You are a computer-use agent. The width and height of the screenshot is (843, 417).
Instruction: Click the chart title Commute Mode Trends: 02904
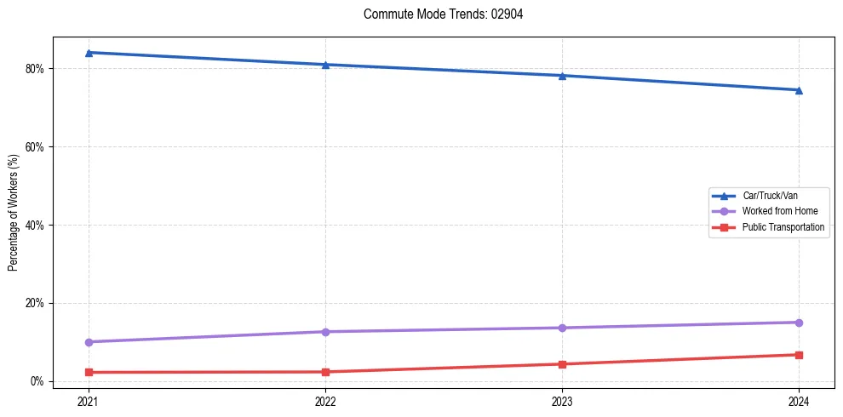point(437,14)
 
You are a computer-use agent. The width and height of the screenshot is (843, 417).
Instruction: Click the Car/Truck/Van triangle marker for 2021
point(89,53)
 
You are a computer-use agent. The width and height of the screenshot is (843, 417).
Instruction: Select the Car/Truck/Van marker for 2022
point(325,65)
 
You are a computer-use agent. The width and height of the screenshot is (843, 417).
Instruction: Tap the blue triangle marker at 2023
point(562,76)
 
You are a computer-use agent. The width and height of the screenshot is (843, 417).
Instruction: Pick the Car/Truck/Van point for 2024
point(799,90)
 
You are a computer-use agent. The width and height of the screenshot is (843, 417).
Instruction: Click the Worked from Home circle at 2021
point(89,342)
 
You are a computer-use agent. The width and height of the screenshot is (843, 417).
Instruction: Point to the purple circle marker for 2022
point(325,332)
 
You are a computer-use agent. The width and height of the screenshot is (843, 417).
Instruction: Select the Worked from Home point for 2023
point(562,328)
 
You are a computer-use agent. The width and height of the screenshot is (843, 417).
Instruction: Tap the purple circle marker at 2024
point(799,323)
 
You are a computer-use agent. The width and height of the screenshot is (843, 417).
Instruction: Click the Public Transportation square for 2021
point(89,372)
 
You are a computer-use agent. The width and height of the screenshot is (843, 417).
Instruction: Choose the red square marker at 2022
point(325,372)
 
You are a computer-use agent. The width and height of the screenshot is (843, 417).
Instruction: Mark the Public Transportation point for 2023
point(562,364)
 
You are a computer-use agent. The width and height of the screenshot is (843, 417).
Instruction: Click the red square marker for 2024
point(799,355)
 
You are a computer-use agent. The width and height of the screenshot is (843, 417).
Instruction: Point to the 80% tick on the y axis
point(36,68)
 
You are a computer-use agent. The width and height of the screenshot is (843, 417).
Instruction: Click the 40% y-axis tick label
point(36,225)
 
